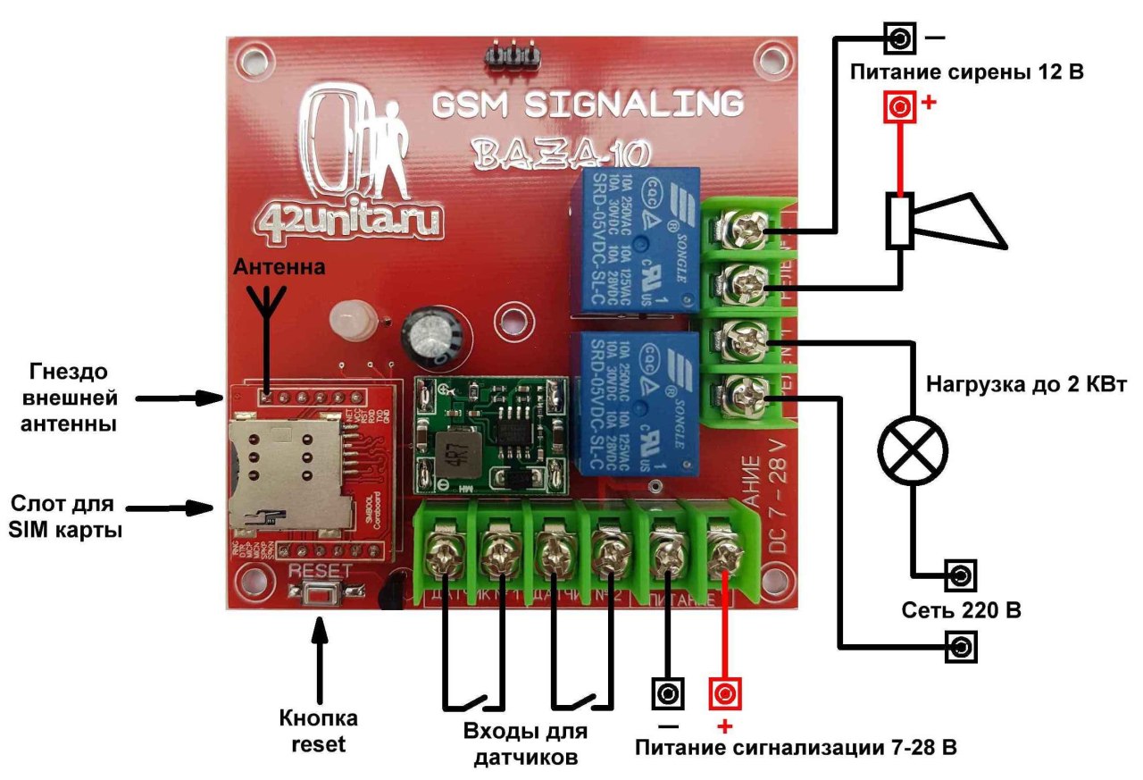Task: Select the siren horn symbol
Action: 947,220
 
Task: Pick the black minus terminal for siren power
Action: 900,39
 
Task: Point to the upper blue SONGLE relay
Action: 635,242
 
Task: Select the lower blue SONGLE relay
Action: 635,401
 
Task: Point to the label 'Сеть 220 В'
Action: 961,612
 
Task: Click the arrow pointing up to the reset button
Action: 320,652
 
